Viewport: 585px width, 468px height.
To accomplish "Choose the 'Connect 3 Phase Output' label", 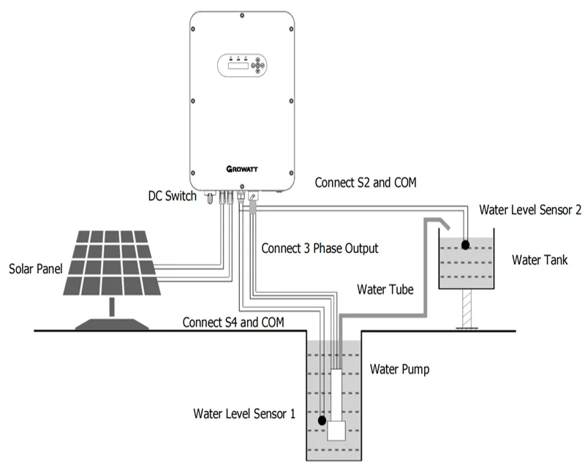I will pyautogui.click(x=320, y=249).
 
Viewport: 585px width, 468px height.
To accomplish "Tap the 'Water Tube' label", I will pyautogui.click(x=385, y=289).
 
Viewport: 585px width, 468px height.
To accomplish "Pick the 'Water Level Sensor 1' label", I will pyautogui.click(x=244, y=413).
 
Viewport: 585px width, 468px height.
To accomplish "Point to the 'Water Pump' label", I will pyautogui.click(x=399, y=369).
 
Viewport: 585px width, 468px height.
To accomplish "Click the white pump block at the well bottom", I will pyautogui.click(x=336, y=431).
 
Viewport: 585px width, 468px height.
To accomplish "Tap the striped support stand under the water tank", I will pyautogui.click(x=465, y=309).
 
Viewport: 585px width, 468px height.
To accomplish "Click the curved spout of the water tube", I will pyautogui.click(x=439, y=222).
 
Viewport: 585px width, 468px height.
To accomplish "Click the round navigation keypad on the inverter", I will pyautogui.click(x=259, y=64).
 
